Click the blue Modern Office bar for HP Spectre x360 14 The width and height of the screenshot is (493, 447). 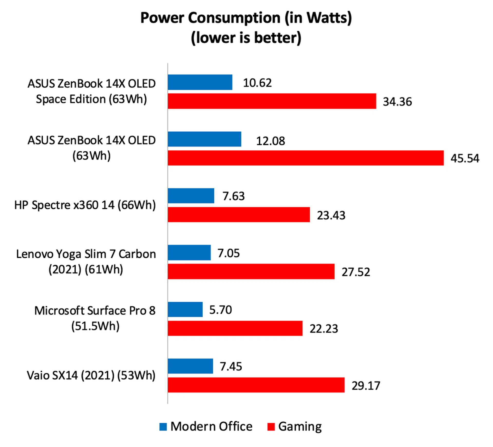[191, 196]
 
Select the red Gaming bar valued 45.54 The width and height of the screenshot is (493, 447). [306, 158]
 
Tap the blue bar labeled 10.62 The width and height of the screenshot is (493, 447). [200, 82]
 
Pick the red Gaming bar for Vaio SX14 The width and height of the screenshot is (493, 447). [256, 385]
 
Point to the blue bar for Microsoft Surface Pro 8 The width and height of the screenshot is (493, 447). [185, 309]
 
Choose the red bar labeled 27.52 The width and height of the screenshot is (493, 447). [251, 271]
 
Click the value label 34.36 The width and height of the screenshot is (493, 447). [397, 102]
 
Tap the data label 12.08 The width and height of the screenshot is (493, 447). [270, 141]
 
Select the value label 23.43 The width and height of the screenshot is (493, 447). [331, 215]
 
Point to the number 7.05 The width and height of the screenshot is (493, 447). [229, 253]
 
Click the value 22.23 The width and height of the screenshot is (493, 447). [324, 329]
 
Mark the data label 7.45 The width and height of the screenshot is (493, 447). [231, 366]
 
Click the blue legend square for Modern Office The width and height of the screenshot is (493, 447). [163, 427]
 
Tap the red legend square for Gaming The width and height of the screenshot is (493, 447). [271, 427]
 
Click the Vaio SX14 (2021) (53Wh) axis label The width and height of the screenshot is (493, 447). [91, 375]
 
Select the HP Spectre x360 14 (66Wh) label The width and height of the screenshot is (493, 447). [85, 205]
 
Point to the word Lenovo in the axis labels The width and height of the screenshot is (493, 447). [35, 254]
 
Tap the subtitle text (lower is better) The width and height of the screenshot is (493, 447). [246, 38]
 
